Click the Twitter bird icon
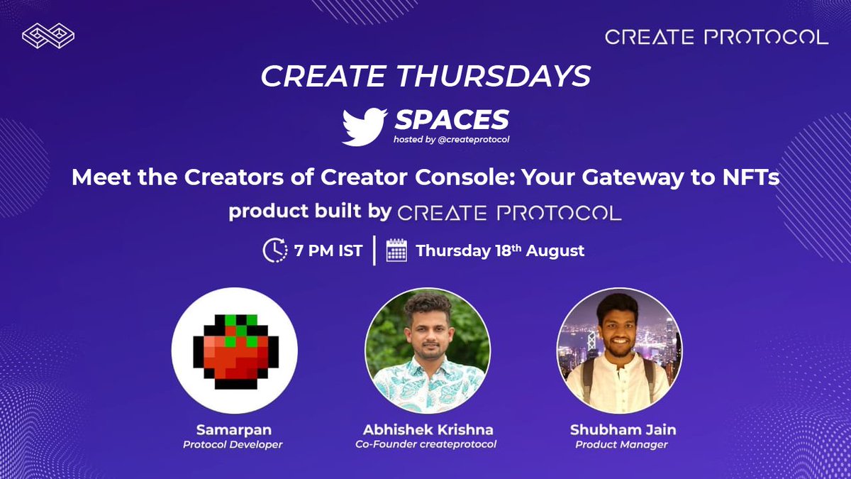(365, 126)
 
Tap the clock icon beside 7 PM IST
(274, 250)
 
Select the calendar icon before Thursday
(396, 250)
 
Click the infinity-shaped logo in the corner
(48, 35)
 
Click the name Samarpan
(235, 431)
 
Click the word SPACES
(451, 119)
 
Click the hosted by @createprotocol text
(451, 139)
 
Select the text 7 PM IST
(328, 250)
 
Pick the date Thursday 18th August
(500, 250)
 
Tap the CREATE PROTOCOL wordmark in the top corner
(716, 37)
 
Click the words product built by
(310, 212)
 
